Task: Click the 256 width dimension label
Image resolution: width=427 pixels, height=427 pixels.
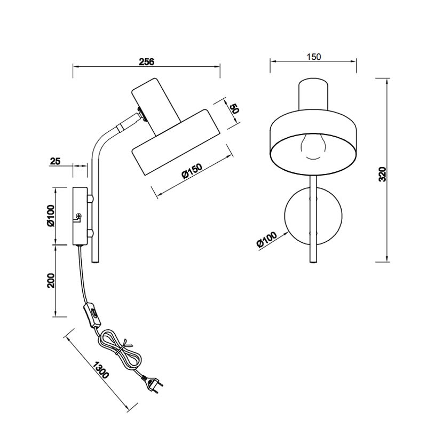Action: pyautogui.click(x=146, y=61)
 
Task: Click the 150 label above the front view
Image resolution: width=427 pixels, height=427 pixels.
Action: pyautogui.click(x=314, y=57)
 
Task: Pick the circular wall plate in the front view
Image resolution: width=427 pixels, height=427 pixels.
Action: pyautogui.click(x=313, y=216)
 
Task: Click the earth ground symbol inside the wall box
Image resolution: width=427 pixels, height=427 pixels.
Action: pyautogui.click(x=78, y=216)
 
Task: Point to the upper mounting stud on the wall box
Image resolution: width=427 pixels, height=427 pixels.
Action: pyautogui.click(x=91, y=199)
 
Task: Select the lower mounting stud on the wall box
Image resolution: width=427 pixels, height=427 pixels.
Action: pyautogui.click(x=91, y=233)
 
